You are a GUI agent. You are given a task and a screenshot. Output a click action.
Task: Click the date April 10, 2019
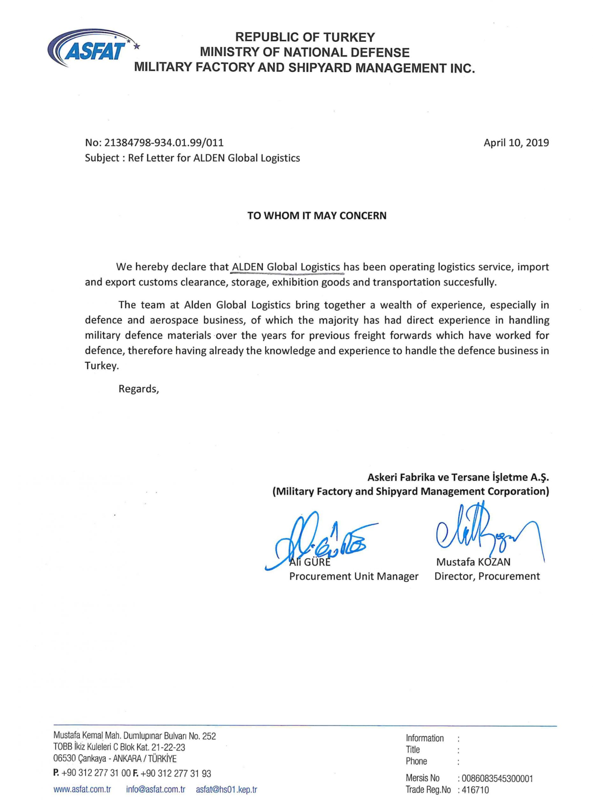516,143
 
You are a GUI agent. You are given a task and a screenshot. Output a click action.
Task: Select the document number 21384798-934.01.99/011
164,143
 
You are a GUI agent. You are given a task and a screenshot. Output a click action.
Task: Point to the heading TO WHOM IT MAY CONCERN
317,216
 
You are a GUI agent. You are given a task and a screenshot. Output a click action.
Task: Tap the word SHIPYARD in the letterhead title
320,68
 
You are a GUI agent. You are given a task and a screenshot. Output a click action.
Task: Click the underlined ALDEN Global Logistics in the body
286,267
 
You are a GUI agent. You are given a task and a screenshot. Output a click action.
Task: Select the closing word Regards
138,389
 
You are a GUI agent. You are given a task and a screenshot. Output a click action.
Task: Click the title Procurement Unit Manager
354,576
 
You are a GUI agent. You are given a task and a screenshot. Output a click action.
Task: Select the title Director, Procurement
487,576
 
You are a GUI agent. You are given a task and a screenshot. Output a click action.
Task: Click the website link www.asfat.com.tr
82,789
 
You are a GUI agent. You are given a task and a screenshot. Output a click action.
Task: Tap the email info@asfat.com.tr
156,789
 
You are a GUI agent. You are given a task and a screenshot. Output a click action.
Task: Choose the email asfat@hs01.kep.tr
226,789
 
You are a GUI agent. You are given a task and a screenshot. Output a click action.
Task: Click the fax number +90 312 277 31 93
176,773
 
